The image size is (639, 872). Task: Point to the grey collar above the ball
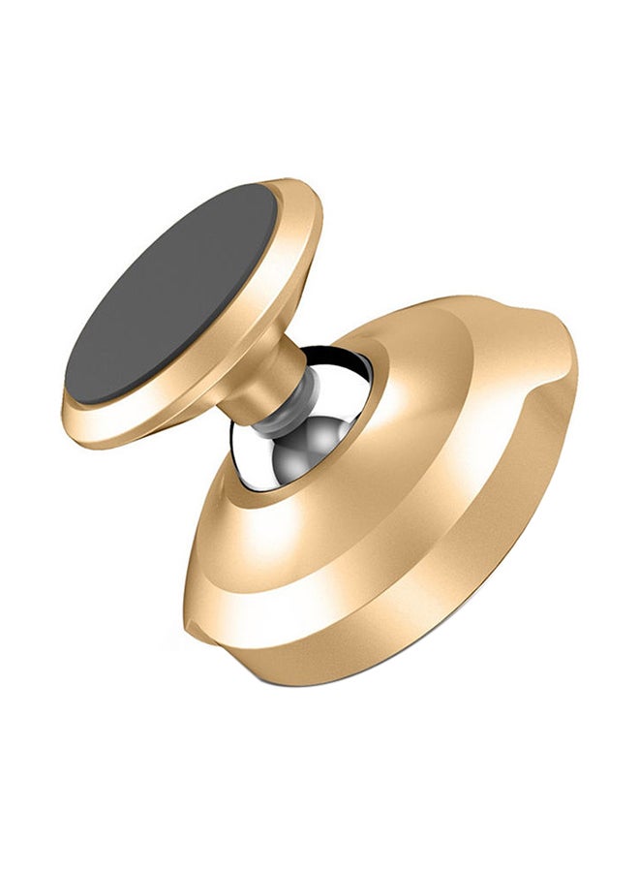tap(281, 407)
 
